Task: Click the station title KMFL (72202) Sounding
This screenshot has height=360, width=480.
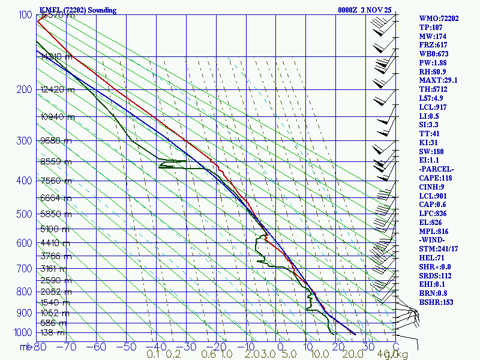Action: [x=78, y=10]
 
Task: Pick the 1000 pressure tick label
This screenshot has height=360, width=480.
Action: [x=20, y=332]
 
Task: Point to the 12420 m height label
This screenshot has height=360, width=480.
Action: [x=58, y=90]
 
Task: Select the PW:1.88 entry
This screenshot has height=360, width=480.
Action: [x=434, y=62]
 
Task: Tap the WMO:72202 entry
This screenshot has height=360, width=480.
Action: [x=439, y=19]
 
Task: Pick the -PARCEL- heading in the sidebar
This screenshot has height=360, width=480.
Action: [x=436, y=169]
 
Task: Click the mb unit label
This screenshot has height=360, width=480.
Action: [x=26, y=347]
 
